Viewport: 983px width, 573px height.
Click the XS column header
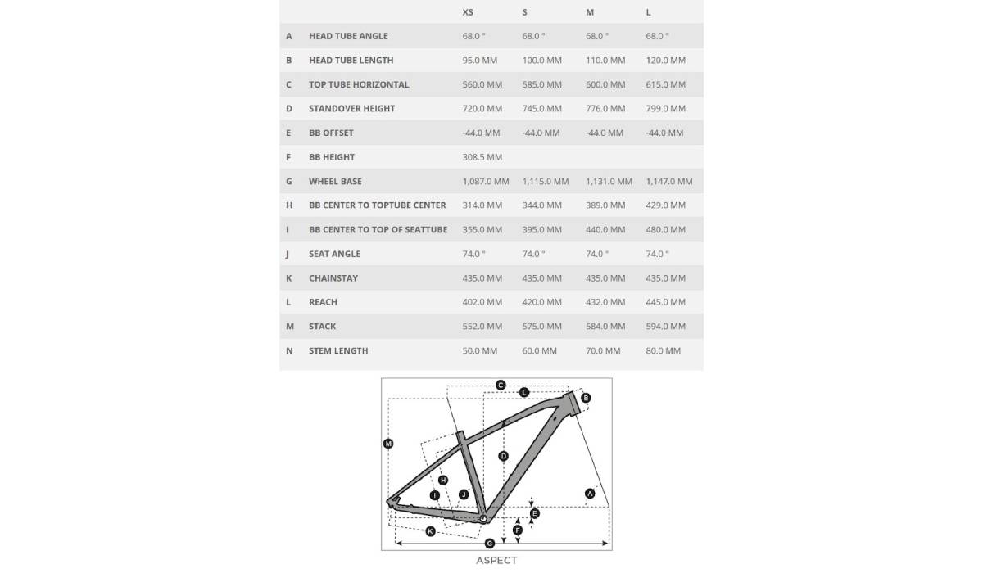[x=468, y=12]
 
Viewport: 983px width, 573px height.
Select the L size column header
[x=649, y=12]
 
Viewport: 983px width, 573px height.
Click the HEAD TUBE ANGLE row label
[x=348, y=36]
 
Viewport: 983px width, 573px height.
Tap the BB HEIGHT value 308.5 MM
[x=482, y=157]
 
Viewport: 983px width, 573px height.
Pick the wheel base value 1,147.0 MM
[x=669, y=182]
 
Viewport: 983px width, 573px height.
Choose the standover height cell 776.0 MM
[x=605, y=109]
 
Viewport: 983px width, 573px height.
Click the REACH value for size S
[x=542, y=302]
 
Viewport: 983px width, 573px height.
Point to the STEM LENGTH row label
[x=338, y=351]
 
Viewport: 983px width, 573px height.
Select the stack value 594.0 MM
[x=666, y=327]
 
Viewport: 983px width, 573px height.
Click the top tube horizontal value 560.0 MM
[x=482, y=84]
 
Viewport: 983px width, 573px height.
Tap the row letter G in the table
[x=288, y=182]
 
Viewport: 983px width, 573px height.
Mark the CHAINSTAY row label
[x=333, y=278]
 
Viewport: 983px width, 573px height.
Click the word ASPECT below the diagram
[x=496, y=561]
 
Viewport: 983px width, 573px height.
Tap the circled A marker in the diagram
[x=590, y=493]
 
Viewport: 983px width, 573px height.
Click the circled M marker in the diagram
[x=388, y=444]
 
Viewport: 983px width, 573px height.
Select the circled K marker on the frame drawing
[x=430, y=531]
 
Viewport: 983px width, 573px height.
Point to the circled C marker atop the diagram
[x=501, y=385]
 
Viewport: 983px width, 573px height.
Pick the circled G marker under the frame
[x=489, y=543]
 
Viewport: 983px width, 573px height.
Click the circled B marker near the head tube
[x=586, y=399]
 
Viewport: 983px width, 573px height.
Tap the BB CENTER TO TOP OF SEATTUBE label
[x=378, y=230]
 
